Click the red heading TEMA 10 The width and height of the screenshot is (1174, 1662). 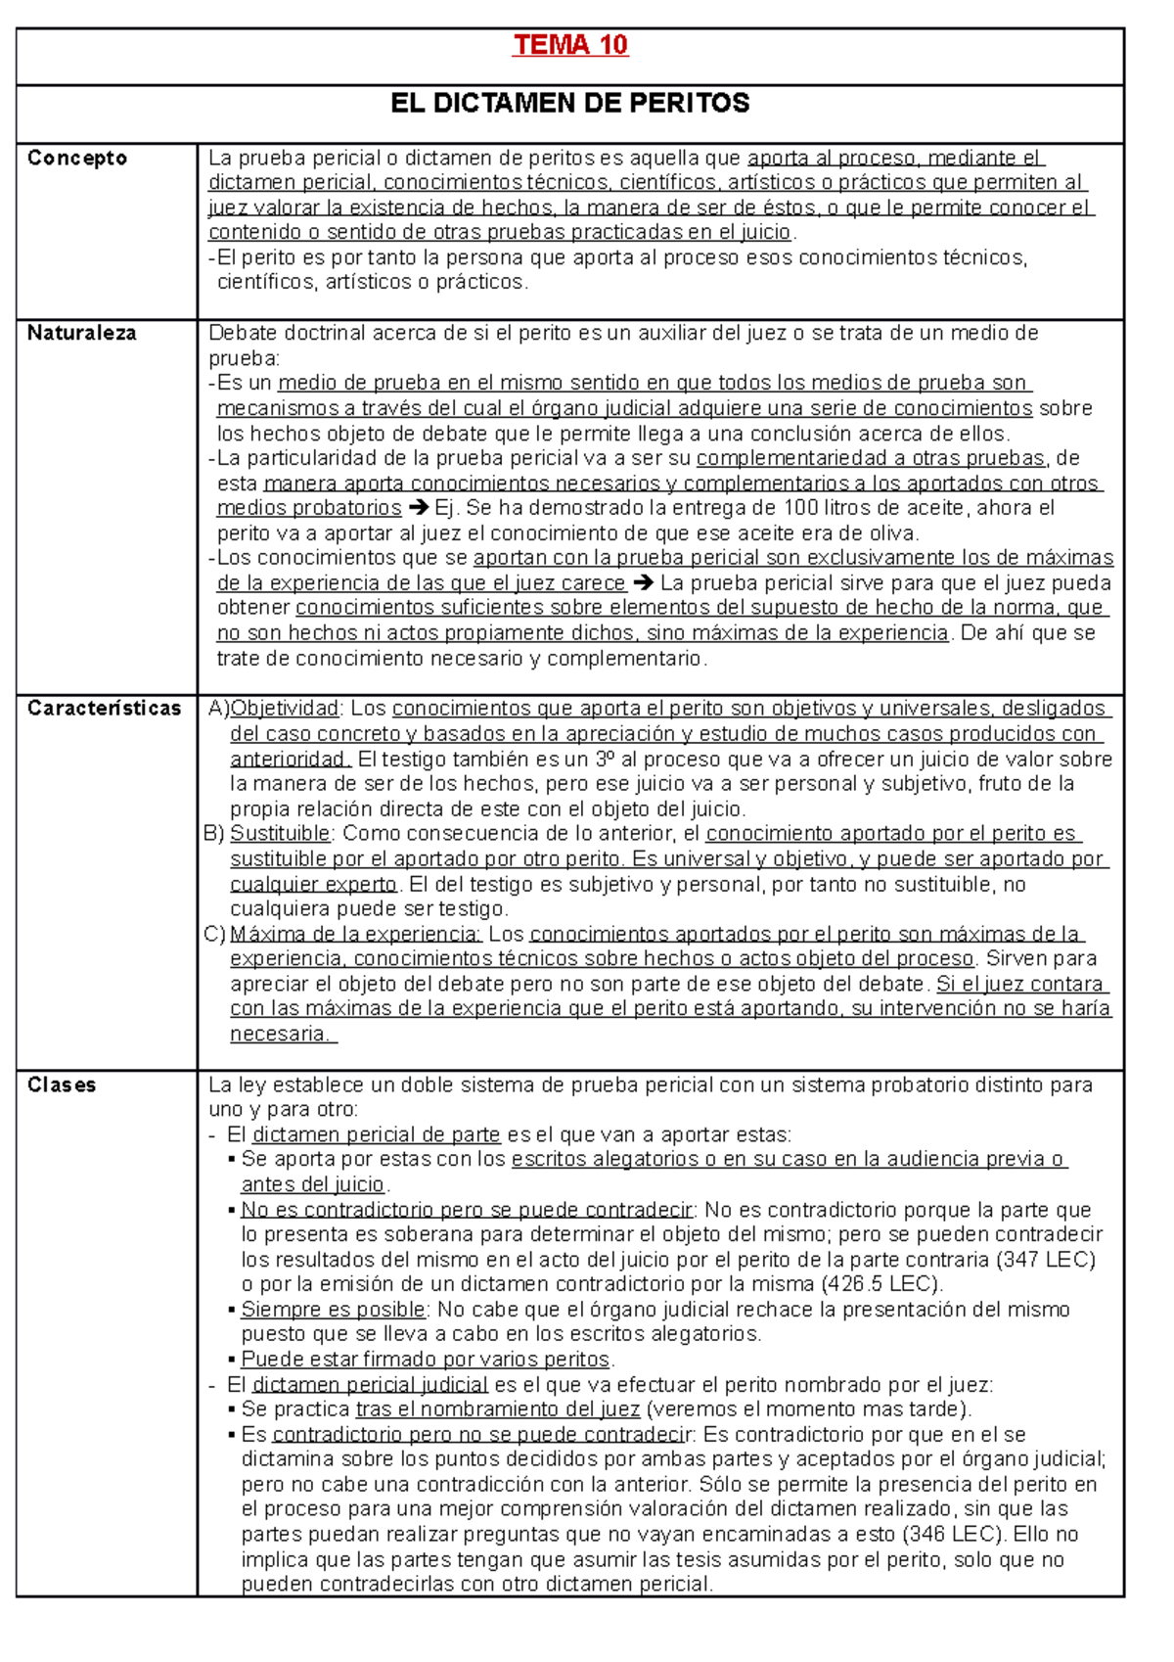570,45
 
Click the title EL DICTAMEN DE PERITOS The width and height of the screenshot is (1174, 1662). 569,103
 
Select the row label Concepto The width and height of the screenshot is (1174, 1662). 77,159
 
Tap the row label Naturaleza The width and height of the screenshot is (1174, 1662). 81,333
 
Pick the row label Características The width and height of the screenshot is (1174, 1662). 105,709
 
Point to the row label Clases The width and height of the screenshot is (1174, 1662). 62,1085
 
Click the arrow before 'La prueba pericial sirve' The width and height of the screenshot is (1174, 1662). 643,583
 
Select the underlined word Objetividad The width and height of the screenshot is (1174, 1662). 284,709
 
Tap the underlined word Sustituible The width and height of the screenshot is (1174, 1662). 280,834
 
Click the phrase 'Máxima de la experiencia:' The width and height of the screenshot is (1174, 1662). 355,934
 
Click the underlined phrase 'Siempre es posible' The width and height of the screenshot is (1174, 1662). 333,1310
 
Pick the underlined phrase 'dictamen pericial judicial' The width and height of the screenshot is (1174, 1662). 370,1385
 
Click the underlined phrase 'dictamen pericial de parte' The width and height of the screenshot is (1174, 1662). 376,1135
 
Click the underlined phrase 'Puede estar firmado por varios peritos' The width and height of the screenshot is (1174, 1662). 425,1360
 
